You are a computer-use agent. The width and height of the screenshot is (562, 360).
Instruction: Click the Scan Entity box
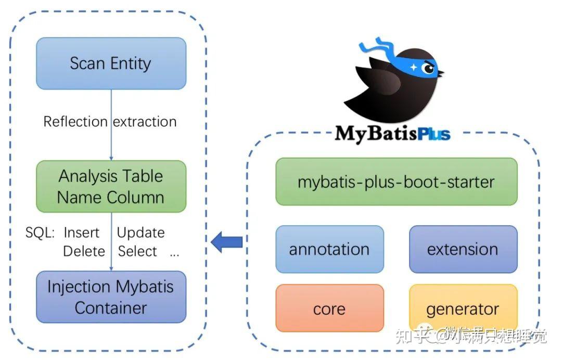(111, 63)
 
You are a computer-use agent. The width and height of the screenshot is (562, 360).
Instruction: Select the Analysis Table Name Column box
(111, 186)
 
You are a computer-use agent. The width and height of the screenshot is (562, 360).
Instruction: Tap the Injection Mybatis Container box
(111, 297)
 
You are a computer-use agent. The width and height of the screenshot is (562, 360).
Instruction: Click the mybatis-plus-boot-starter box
(396, 182)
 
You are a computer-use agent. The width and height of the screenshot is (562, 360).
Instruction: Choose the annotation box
(329, 249)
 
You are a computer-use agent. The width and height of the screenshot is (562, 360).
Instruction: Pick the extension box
(463, 249)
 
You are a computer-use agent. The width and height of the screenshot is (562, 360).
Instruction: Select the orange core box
(329, 308)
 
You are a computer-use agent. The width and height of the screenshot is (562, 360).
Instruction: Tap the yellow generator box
(463, 308)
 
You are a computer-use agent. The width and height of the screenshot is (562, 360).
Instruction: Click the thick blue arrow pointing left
(227, 242)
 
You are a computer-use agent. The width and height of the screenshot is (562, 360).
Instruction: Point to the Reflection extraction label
(110, 122)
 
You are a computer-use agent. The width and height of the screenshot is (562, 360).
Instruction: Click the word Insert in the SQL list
(81, 233)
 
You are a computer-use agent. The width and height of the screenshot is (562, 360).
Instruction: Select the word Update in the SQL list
(140, 233)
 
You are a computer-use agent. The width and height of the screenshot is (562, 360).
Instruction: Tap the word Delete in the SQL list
(84, 251)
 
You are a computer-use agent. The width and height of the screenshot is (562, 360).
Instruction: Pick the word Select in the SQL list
(137, 251)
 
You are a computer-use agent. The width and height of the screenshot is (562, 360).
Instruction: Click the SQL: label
(40, 233)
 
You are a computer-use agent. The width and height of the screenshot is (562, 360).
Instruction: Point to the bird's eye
(428, 68)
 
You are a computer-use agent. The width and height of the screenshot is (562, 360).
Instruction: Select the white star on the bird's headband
(414, 67)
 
